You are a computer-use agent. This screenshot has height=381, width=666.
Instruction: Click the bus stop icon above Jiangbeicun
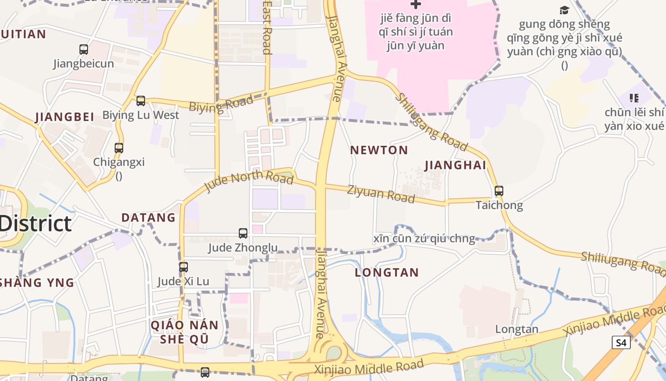[84, 49]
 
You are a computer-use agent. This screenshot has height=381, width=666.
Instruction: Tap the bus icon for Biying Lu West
[140, 101]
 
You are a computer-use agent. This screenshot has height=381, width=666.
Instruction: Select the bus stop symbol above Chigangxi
[119, 148]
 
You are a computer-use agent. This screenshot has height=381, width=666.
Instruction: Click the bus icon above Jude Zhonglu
[243, 233]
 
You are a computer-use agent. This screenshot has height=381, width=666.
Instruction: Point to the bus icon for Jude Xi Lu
[184, 267]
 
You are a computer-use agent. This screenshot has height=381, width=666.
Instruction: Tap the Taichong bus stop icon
[499, 191]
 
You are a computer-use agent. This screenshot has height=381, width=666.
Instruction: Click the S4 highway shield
[621, 342]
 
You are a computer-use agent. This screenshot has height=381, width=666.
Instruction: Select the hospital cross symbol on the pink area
[416, 4]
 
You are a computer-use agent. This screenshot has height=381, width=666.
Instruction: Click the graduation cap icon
[564, 10]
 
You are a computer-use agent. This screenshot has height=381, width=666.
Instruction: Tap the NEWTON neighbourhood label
[379, 150]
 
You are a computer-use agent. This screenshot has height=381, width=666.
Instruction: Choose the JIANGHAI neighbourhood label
[455, 165]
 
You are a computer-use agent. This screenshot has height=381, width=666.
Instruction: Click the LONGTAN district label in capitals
[387, 273]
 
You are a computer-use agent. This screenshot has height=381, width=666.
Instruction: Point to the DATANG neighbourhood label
[148, 218]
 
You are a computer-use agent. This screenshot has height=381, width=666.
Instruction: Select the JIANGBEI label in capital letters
[64, 117]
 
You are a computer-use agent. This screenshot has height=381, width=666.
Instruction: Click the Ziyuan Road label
[381, 193]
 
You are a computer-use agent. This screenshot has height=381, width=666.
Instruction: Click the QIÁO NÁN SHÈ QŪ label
[185, 332]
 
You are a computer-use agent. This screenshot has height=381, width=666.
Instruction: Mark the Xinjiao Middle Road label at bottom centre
[369, 367]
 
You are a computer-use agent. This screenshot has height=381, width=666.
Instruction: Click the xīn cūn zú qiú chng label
[424, 239]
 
